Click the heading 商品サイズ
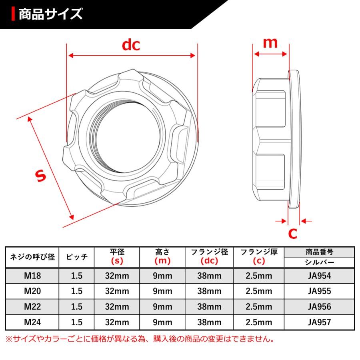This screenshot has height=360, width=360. pyautogui.click(x=50, y=14)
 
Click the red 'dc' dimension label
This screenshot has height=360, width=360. pyautogui.click(x=131, y=45)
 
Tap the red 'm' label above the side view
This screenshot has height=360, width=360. pyautogui.click(x=270, y=42)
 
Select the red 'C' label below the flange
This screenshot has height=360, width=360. pyautogui.click(x=293, y=233)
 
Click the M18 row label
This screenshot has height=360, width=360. pyautogui.click(x=33, y=276)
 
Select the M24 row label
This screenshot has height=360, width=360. pyautogui.click(x=33, y=322)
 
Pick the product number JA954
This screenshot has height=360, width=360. pyautogui.click(x=319, y=276)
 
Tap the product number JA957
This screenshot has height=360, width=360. pyautogui.click(x=319, y=322)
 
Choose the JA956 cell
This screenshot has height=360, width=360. pyautogui.click(x=319, y=306)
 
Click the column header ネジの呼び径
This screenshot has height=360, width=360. pyautogui.click(x=33, y=257)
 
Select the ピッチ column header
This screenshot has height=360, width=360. pyautogui.click(x=76, y=257)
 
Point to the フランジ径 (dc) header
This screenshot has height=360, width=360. pyautogui.click(x=209, y=257)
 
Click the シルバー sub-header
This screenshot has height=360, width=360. pyautogui.click(x=319, y=262)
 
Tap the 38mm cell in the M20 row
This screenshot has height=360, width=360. pyautogui.click(x=209, y=291)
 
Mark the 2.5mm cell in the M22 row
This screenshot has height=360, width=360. pyautogui.click(x=259, y=306)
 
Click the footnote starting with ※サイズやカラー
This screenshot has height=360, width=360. pyautogui.click(x=140, y=339)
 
